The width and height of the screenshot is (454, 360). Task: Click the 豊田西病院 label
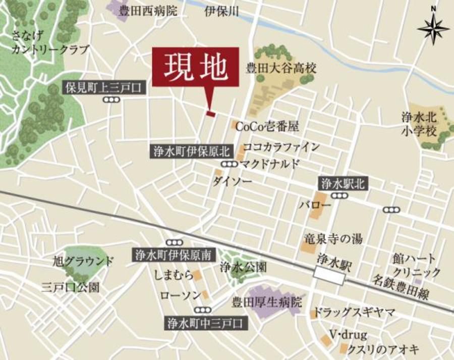[148, 11]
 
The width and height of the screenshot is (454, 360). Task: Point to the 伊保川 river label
[221, 11]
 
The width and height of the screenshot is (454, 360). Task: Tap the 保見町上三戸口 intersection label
[105, 88]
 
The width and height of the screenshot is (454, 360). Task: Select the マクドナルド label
[270, 164]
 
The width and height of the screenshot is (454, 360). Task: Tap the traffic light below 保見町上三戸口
[111, 100]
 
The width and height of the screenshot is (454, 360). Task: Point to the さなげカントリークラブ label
[50, 42]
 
